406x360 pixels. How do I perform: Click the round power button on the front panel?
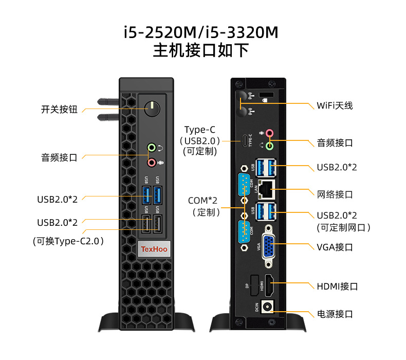[x=152, y=109]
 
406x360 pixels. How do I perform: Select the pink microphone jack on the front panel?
[x=152, y=163]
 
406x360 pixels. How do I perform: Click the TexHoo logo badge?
[x=155, y=249]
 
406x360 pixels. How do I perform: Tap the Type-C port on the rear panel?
[x=244, y=140]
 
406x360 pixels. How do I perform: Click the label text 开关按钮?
[x=59, y=109]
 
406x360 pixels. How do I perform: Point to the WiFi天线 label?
[x=335, y=105]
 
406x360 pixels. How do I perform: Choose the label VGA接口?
[x=335, y=247]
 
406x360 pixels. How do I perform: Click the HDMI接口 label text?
[x=337, y=286]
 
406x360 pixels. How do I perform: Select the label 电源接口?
[x=335, y=314]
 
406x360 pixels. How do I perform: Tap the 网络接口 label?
[x=335, y=194]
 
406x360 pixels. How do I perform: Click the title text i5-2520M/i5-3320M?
[x=201, y=32]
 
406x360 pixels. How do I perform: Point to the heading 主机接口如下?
[x=201, y=51]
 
